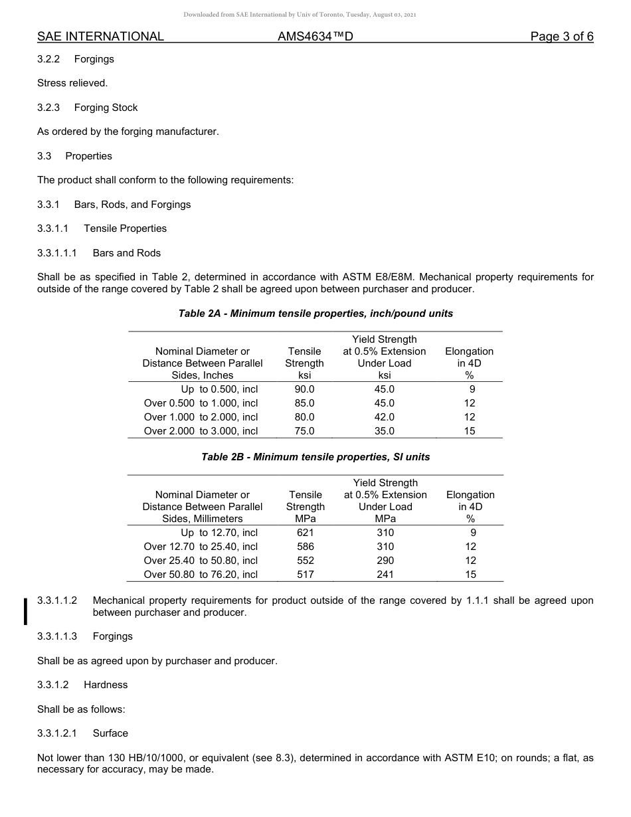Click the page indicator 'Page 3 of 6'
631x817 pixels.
click(x=561, y=37)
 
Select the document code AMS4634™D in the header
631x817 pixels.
click(x=315, y=37)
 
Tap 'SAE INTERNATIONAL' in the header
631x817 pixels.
click(x=100, y=37)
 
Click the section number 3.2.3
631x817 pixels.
click(x=48, y=108)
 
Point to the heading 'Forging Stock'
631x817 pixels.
click(x=106, y=108)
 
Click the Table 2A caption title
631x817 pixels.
click(x=315, y=314)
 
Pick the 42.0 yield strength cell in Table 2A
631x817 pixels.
click(x=384, y=417)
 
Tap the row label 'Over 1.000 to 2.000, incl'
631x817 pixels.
click(x=201, y=417)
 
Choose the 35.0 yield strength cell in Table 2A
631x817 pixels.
click(x=384, y=431)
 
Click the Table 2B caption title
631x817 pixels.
click(x=315, y=457)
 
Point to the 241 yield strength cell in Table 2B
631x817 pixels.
click(x=385, y=575)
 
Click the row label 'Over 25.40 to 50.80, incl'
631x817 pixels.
click(x=201, y=561)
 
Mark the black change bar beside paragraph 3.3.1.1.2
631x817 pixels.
click(x=25, y=611)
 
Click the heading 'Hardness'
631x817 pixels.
click(x=106, y=685)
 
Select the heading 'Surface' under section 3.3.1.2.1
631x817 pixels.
click(x=110, y=733)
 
